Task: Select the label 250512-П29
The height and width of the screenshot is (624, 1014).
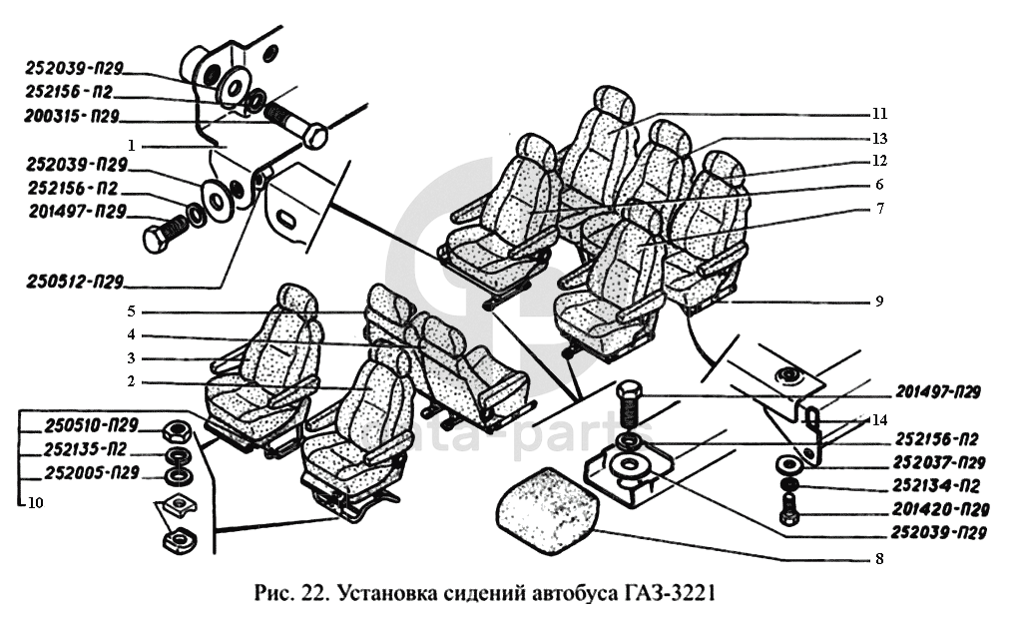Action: pyautogui.click(x=75, y=285)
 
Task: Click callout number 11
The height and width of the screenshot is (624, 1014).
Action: pyautogui.click(x=878, y=113)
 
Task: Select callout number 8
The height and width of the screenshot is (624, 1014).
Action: pyautogui.click(x=878, y=559)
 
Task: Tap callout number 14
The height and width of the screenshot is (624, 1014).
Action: pyautogui.click(x=878, y=420)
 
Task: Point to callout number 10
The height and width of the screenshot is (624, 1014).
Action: pyautogui.click(x=36, y=502)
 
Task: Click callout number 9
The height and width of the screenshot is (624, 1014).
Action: pyautogui.click(x=878, y=301)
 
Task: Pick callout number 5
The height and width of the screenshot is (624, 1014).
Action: pyautogui.click(x=130, y=310)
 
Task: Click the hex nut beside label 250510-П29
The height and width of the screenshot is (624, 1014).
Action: pyautogui.click(x=177, y=431)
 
